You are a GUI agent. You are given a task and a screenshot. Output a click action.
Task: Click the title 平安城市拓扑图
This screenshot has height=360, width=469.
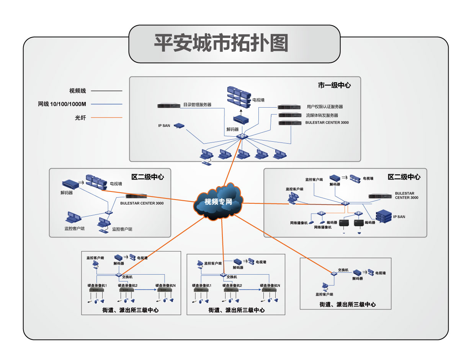pyautogui.click(x=221, y=43)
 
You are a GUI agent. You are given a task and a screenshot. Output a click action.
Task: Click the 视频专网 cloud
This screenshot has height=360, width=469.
pyautogui.click(x=219, y=202)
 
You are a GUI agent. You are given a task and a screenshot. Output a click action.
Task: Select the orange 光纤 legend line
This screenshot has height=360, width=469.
pyautogui.click(x=110, y=118)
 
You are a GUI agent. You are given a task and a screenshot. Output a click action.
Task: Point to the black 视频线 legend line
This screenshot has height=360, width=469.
pyautogui.click(x=110, y=91)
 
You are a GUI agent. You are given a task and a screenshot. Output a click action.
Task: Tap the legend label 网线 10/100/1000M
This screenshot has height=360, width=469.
pyautogui.click(x=62, y=104)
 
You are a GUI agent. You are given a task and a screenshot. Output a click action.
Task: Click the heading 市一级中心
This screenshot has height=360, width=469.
pyautogui.click(x=334, y=85)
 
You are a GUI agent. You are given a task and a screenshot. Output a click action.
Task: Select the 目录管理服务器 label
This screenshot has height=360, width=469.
pyautogui.click(x=197, y=105)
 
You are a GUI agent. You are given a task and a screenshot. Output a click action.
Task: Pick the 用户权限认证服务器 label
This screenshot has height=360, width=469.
pyautogui.click(x=325, y=107)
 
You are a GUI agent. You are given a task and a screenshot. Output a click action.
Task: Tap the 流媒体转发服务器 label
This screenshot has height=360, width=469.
pyautogui.click(x=322, y=115)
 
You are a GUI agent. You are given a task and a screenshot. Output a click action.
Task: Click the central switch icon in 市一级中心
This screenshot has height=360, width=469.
pyautogui.click(x=242, y=136)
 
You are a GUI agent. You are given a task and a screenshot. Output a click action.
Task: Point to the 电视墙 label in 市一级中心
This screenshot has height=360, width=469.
pyautogui.click(x=258, y=100)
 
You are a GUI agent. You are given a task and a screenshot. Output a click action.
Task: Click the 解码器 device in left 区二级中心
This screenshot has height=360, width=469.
pyautogui.click(x=70, y=185)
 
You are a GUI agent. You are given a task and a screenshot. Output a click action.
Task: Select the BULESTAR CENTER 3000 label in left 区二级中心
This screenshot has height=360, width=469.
pyautogui.click(x=142, y=203)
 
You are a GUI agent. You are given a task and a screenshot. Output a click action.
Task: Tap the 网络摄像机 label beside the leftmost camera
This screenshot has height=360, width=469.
pyautogui.click(x=299, y=223)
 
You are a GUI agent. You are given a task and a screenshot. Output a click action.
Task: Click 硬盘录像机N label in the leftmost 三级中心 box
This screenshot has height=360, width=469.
pyautogui.click(x=165, y=285)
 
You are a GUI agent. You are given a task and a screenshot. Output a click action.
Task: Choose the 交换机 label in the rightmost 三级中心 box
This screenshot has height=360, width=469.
pyautogui.click(x=343, y=270)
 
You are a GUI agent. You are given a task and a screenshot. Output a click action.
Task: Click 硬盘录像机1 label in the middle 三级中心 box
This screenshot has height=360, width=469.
pyautogui.click(x=203, y=285)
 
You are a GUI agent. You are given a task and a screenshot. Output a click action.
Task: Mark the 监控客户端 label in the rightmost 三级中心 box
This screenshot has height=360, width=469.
pyautogui.click(x=324, y=295)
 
